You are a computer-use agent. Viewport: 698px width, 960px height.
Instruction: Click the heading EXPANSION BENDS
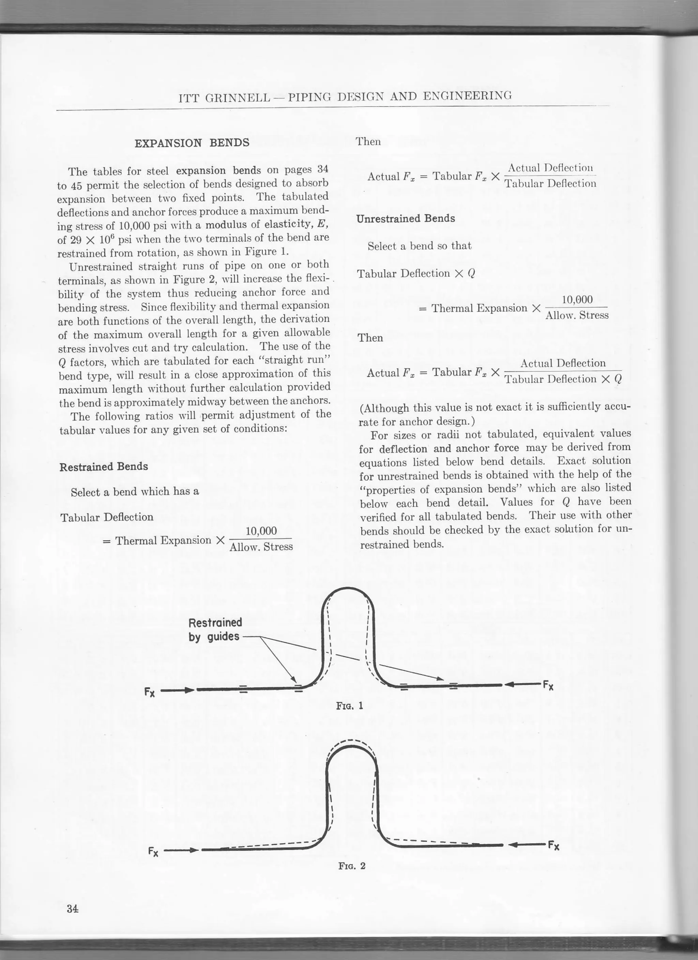tap(192, 143)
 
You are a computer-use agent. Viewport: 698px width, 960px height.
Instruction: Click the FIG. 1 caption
tap(349, 706)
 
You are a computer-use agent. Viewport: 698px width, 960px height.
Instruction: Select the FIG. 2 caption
tap(351, 866)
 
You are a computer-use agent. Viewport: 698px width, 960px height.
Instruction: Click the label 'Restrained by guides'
tap(215, 629)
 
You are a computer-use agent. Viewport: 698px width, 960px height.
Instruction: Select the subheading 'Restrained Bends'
tap(104, 467)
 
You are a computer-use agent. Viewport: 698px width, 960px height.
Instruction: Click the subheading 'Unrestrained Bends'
tap(406, 218)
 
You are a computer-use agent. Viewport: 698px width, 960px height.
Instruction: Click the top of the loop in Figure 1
tap(347, 589)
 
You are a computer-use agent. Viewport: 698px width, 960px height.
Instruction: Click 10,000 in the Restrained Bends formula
tap(261, 531)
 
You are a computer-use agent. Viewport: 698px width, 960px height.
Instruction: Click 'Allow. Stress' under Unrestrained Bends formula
tap(577, 315)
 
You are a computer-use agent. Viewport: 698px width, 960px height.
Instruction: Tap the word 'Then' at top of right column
tap(368, 141)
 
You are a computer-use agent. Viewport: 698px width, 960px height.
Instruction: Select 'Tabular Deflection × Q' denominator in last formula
tap(563, 379)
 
